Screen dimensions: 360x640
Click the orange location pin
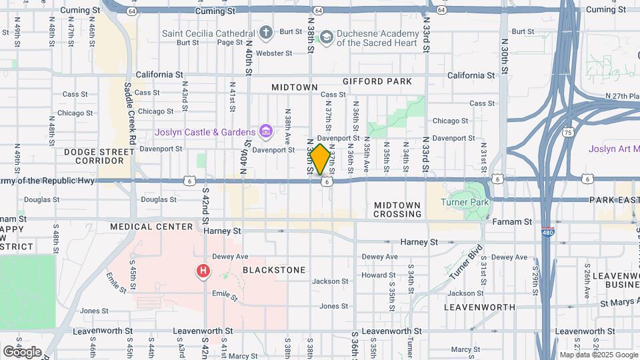(320, 159)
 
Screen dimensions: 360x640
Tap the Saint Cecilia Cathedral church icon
(266, 32)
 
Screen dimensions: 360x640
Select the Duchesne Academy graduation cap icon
(326, 37)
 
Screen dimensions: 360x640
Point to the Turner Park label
(468, 202)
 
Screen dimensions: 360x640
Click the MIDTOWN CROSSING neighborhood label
(397, 210)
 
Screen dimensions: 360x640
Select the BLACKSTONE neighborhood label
(274, 270)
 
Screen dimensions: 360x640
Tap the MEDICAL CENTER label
(151, 227)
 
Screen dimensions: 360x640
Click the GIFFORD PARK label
(377, 81)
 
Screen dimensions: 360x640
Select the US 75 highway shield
(568, 132)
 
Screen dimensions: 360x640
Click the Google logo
(22, 351)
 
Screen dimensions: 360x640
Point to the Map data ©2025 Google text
(598, 355)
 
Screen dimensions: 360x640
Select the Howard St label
(379, 275)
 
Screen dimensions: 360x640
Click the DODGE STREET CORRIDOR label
(94, 157)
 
